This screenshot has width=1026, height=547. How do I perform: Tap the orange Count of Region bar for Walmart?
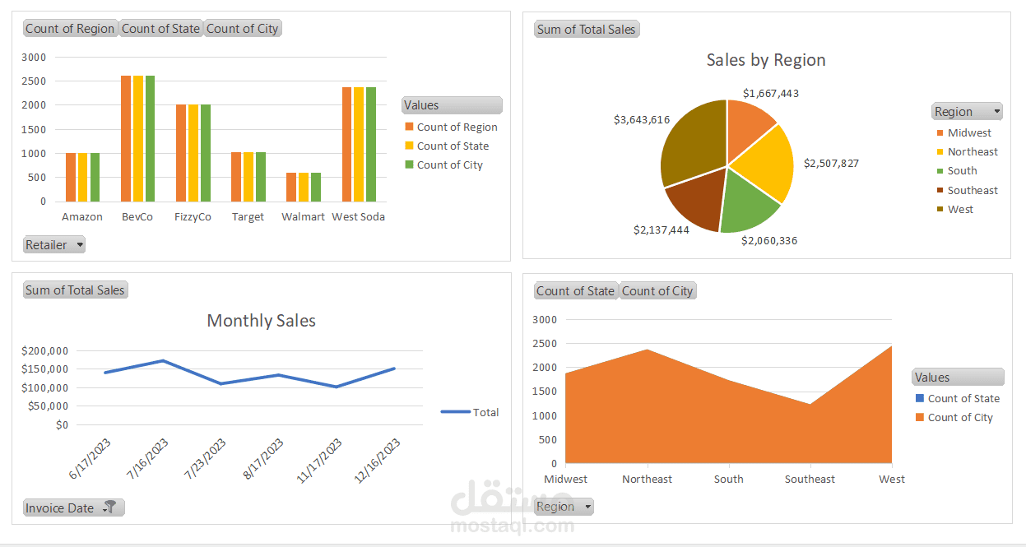coord(291,187)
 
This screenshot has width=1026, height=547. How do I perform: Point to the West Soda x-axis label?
coord(358,217)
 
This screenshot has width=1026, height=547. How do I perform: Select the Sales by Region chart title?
coord(765,60)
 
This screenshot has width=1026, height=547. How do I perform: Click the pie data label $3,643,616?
coord(642,119)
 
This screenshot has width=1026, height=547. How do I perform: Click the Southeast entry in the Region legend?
coord(972,190)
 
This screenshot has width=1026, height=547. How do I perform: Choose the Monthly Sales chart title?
coord(261,321)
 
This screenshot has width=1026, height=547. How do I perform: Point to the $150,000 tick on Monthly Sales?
coord(46,369)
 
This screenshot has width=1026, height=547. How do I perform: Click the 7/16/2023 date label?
coord(148,459)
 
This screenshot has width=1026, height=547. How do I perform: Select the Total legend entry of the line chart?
coord(485,412)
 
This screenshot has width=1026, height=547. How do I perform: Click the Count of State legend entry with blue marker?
coord(963,398)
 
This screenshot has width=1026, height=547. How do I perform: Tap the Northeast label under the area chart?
coord(647,479)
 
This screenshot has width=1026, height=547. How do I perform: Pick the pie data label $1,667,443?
coord(770,93)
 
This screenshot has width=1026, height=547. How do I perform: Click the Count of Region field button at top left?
coord(70,29)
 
